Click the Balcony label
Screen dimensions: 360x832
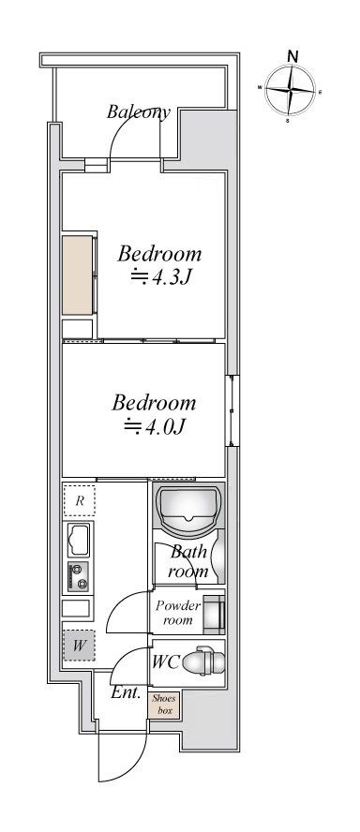point(139,111)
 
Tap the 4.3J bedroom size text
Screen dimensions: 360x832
point(160,277)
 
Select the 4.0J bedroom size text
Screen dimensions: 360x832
point(155,426)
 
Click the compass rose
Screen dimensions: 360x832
point(290,90)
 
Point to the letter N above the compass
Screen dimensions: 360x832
point(292,55)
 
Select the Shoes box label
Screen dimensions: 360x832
point(164,705)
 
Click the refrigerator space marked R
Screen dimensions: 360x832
point(79,500)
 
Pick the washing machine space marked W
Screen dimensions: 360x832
point(79,646)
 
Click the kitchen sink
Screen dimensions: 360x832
point(78,539)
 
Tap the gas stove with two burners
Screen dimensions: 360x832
point(78,577)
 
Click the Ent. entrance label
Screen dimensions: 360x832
point(126,692)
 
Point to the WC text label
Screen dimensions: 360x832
point(165,661)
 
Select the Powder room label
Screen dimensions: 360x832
point(178,613)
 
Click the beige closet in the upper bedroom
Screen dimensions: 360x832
point(78,275)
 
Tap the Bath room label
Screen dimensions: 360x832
point(188,561)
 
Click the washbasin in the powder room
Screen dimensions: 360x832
point(215,615)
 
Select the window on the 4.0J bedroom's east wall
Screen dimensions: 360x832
point(232,410)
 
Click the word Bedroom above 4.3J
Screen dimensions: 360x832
point(159,254)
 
